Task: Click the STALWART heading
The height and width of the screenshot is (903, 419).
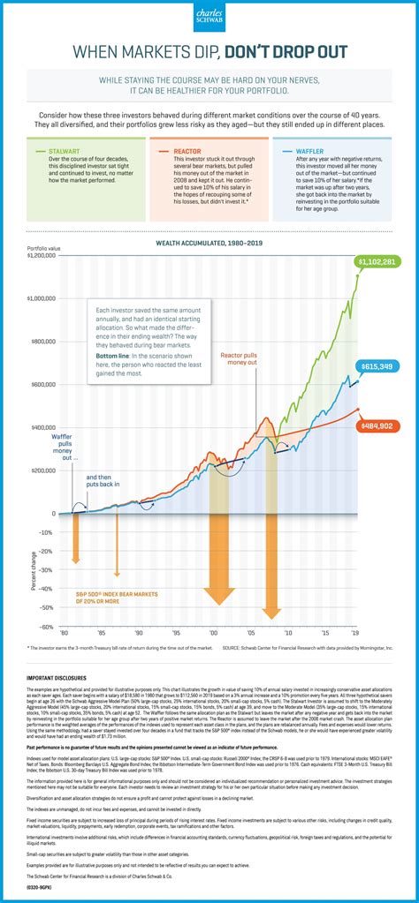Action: (x=69, y=152)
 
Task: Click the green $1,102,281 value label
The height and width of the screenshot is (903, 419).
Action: (x=377, y=261)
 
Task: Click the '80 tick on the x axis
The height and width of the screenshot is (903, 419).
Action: (x=63, y=634)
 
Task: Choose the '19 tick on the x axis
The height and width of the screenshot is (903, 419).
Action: (x=354, y=634)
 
